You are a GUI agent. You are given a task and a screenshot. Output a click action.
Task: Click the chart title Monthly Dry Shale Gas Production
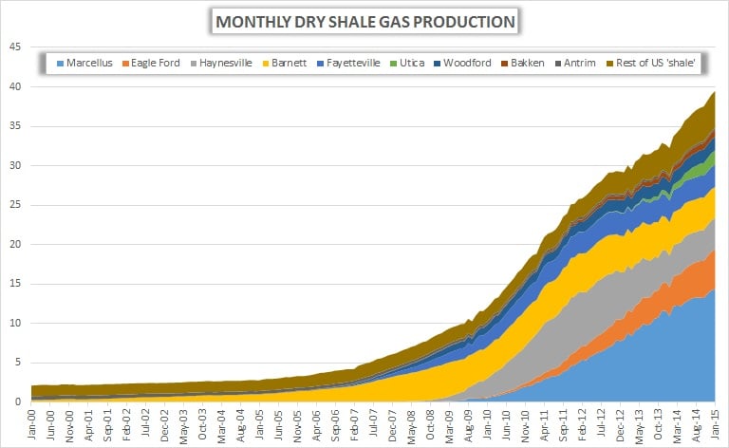(x=364, y=21)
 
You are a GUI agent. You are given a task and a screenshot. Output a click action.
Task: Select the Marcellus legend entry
(x=88, y=63)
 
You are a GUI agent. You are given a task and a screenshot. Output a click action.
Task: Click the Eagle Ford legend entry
(x=154, y=63)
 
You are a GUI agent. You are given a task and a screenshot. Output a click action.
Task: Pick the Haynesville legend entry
(x=224, y=63)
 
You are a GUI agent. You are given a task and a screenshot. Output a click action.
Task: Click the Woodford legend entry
(x=465, y=63)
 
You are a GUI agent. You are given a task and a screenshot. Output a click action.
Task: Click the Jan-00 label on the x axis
(x=33, y=421)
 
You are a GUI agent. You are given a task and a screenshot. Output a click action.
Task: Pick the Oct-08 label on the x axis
(x=430, y=421)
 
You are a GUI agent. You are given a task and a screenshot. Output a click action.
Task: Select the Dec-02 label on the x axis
(x=165, y=421)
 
